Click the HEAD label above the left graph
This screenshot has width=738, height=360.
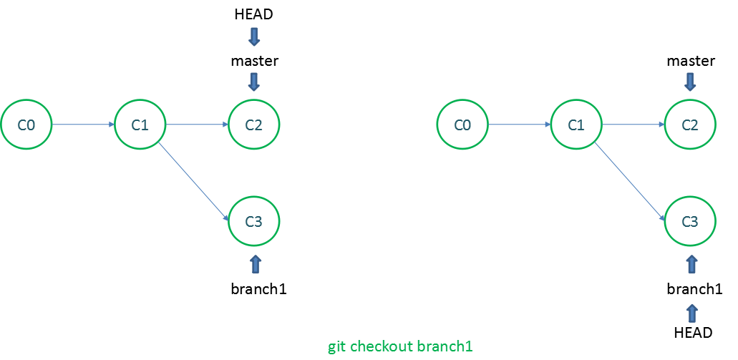[253, 14]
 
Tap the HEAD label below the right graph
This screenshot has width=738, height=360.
[694, 333]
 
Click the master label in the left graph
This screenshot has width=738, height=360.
[255, 61]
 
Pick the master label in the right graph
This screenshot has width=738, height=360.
[691, 61]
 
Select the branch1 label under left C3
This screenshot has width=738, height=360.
[259, 289]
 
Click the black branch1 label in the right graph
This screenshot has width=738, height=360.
[695, 289]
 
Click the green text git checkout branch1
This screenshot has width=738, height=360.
[400, 347]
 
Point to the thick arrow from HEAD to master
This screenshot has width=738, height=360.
[254, 37]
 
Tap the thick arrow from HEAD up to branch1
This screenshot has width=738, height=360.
[691, 313]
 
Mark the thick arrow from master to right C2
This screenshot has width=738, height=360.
[691, 82]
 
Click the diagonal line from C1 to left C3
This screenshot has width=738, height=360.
[195, 182]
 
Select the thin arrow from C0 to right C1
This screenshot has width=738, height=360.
[520, 125]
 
